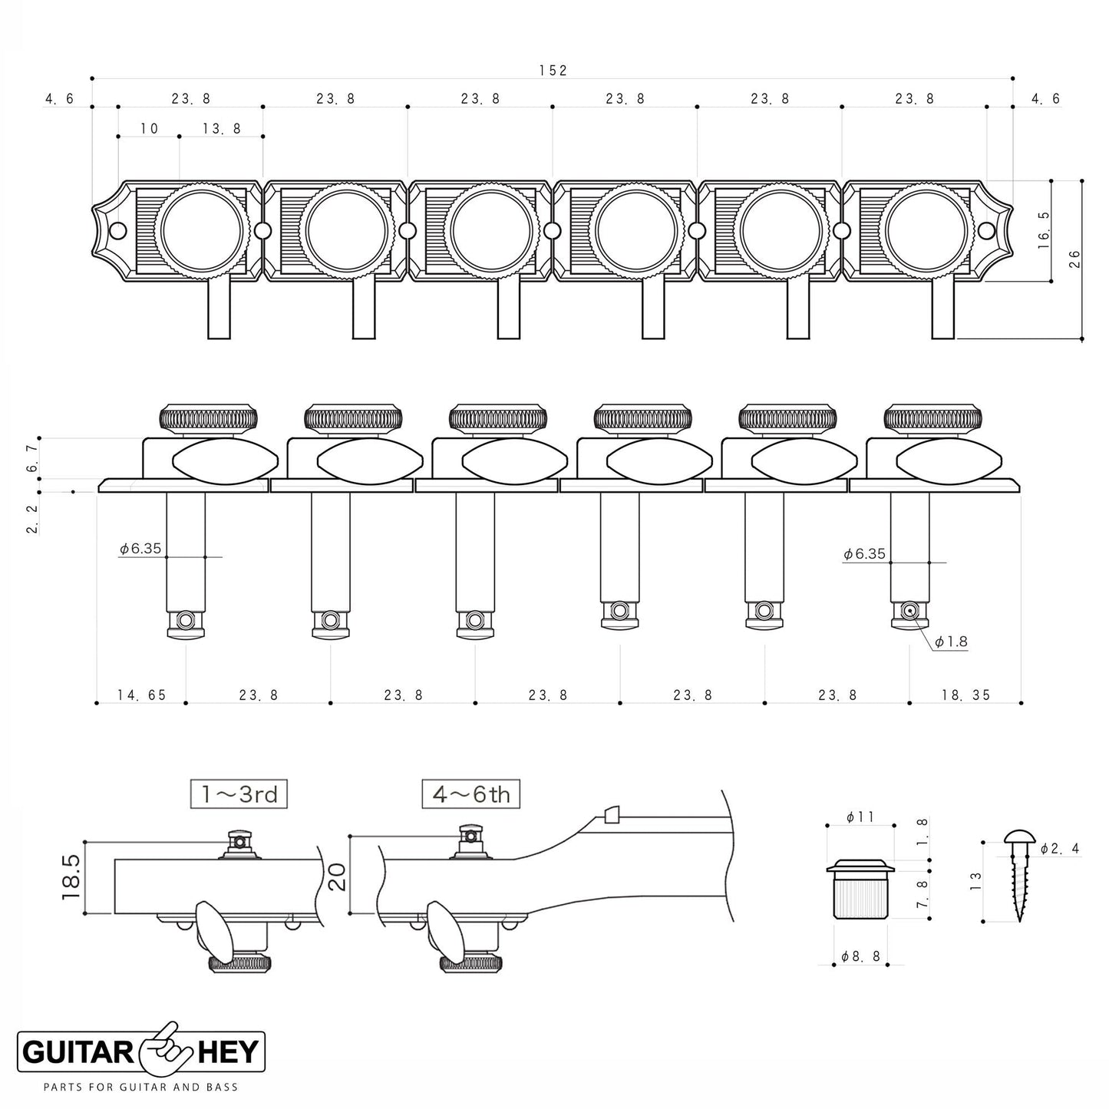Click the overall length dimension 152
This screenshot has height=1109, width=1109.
point(552,71)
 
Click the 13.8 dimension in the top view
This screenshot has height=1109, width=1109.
point(222,129)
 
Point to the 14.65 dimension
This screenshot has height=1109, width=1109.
point(141,695)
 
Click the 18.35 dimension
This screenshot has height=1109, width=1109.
point(965,695)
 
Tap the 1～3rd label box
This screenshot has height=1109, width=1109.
point(239,794)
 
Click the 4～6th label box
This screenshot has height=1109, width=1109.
point(470,794)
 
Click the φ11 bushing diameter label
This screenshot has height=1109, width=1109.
point(860,818)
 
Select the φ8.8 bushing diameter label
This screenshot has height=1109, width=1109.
point(860,956)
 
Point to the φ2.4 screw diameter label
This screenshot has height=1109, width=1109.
point(1060,849)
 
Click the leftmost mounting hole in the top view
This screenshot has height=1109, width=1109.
point(117,230)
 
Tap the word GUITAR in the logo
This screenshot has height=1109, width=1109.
point(80,1052)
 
